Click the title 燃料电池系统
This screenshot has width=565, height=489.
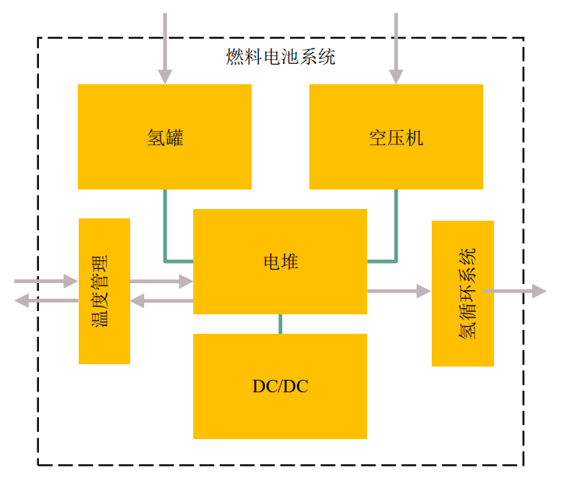coord(281,57)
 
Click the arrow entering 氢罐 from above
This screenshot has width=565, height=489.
coord(165,47)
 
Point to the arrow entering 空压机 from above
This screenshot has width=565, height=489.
coord(396,47)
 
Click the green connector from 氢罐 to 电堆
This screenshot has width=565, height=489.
coord(165,234)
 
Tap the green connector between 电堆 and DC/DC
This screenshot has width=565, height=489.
coord(280,324)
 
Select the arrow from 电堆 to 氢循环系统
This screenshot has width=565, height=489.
coord(398,291)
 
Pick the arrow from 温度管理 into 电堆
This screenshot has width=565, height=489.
coord(161,281)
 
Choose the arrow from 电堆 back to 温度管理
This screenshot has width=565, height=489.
coord(161,300)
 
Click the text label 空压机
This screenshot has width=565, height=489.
coord(396,138)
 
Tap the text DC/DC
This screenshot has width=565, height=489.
coord(280,386)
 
